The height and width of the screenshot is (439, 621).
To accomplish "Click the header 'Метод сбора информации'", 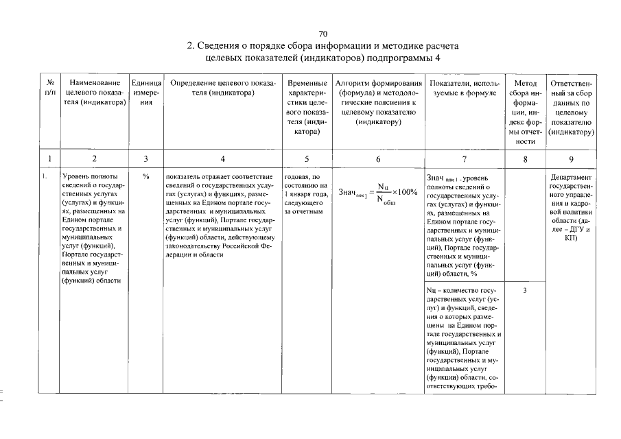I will pyautogui.click(x=524, y=112).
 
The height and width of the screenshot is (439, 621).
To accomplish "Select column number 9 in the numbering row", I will pyautogui.click(x=571, y=159).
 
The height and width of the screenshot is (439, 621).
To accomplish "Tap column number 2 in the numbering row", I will pyautogui.click(x=95, y=159).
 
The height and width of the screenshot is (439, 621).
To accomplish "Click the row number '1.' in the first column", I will pyautogui.click(x=44, y=177).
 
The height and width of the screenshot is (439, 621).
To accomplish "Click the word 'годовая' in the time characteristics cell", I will pyautogui.click(x=296, y=177).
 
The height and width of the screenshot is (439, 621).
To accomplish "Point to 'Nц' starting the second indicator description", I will pyautogui.click(x=431, y=291).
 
